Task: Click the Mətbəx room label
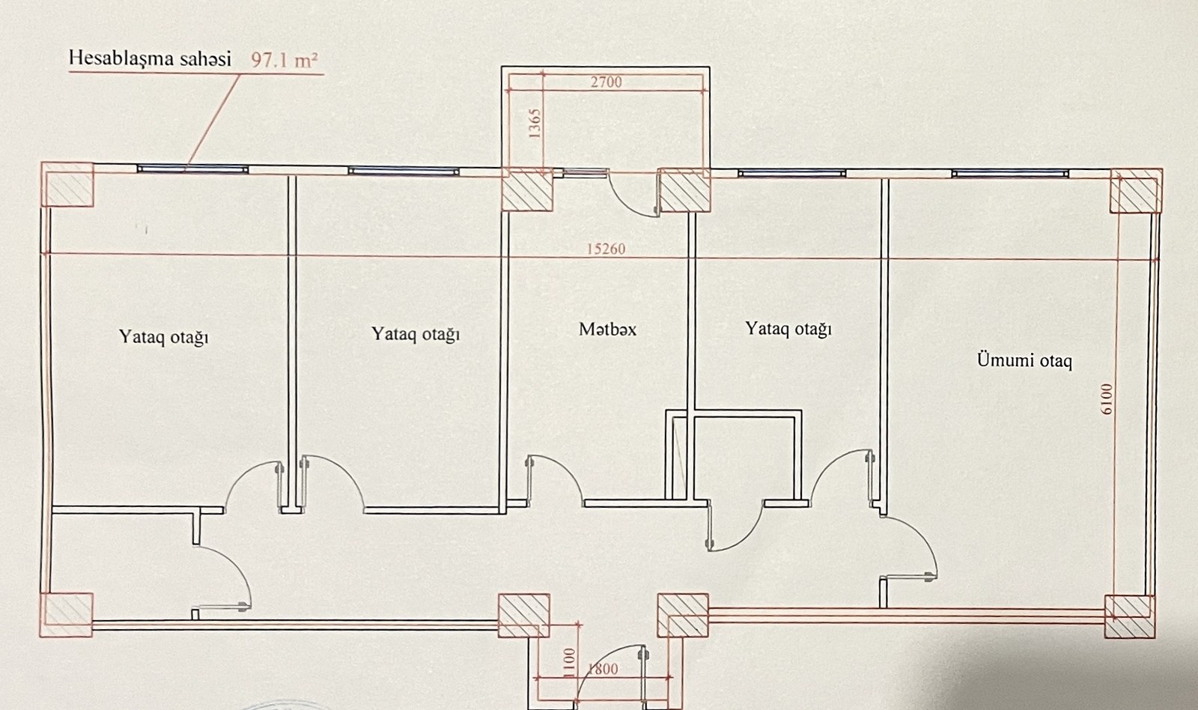point(607,329)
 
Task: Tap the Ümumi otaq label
point(1024,360)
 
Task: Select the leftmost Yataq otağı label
point(163,336)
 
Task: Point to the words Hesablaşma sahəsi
point(150,58)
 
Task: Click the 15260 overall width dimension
point(606,249)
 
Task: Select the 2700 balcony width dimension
point(606,82)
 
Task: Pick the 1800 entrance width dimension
point(603,669)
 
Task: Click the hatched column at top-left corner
point(68,185)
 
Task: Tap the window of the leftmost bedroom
point(193,169)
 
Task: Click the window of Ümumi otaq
point(1009,174)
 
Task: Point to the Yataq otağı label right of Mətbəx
point(788,329)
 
